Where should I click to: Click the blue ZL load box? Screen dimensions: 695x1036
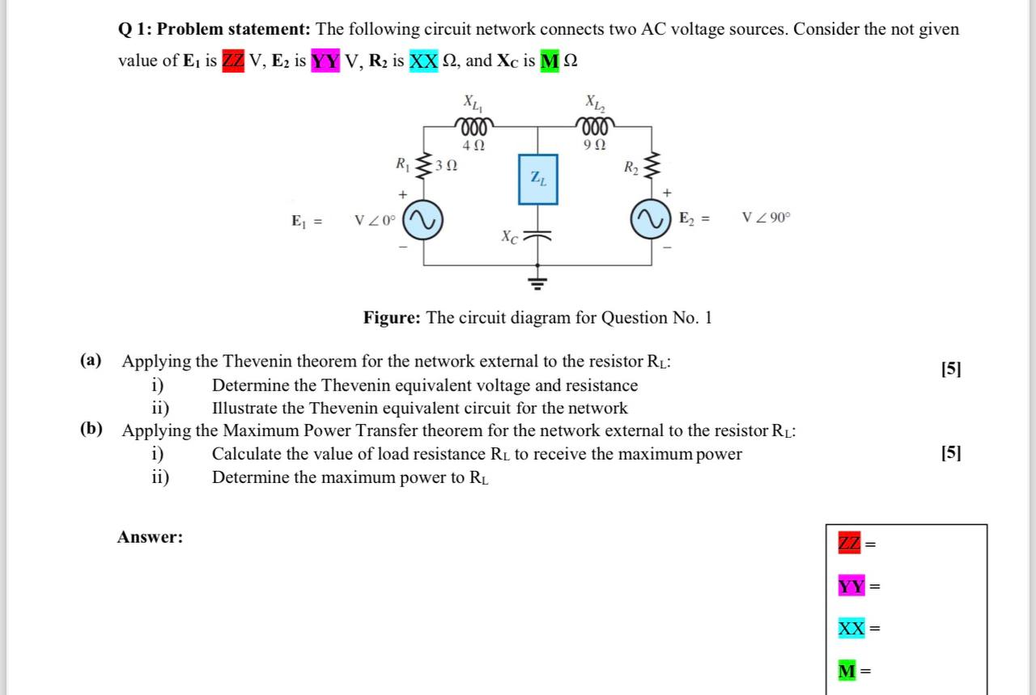(x=537, y=179)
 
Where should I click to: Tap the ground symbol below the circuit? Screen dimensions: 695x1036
(x=537, y=282)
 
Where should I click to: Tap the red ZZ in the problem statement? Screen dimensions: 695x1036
(x=233, y=61)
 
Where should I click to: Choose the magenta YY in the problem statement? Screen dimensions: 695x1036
(x=325, y=61)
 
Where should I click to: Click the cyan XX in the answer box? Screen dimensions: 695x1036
(x=851, y=628)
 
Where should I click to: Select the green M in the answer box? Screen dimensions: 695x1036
(x=847, y=671)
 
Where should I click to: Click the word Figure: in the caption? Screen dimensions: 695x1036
(x=392, y=318)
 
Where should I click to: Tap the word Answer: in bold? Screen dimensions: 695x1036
(x=151, y=537)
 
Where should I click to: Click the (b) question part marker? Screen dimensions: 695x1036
(x=91, y=430)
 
